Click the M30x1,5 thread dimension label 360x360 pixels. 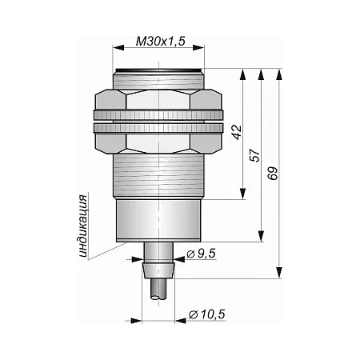click(x=160, y=41)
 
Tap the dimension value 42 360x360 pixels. click(x=237, y=132)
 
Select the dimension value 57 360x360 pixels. click(x=255, y=155)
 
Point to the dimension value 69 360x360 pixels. click(x=273, y=174)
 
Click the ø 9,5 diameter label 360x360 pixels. click(x=201, y=254)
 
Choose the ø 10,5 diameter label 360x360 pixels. click(x=207, y=314)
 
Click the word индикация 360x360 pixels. click(x=82, y=226)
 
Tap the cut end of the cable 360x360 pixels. click(x=158, y=298)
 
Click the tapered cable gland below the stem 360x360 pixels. click(x=158, y=271)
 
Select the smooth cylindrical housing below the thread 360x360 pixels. click(x=158, y=221)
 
